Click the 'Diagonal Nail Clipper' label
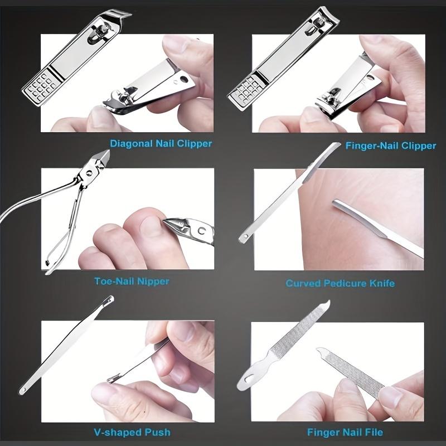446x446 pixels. click(161, 143)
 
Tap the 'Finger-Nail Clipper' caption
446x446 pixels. click(390, 146)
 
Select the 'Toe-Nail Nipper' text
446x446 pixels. click(132, 281)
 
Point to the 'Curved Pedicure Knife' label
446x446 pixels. click(340, 283)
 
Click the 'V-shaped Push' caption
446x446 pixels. click(132, 432)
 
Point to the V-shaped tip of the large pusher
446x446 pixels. click(108, 302)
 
